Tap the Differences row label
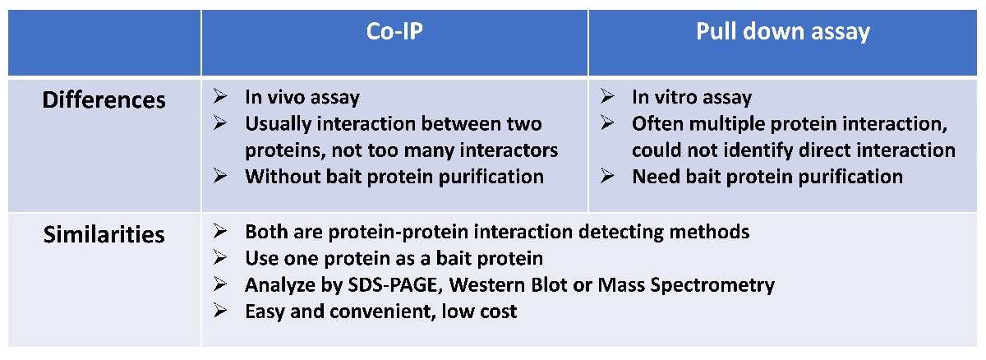click(104, 100)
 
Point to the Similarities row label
click(104, 234)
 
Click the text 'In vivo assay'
click(302, 97)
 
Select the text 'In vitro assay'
click(691, 97)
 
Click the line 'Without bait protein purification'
click(394, 176)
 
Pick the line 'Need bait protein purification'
click(767, 176)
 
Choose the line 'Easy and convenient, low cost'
click(381, 312)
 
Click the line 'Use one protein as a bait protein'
click(394, 258)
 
